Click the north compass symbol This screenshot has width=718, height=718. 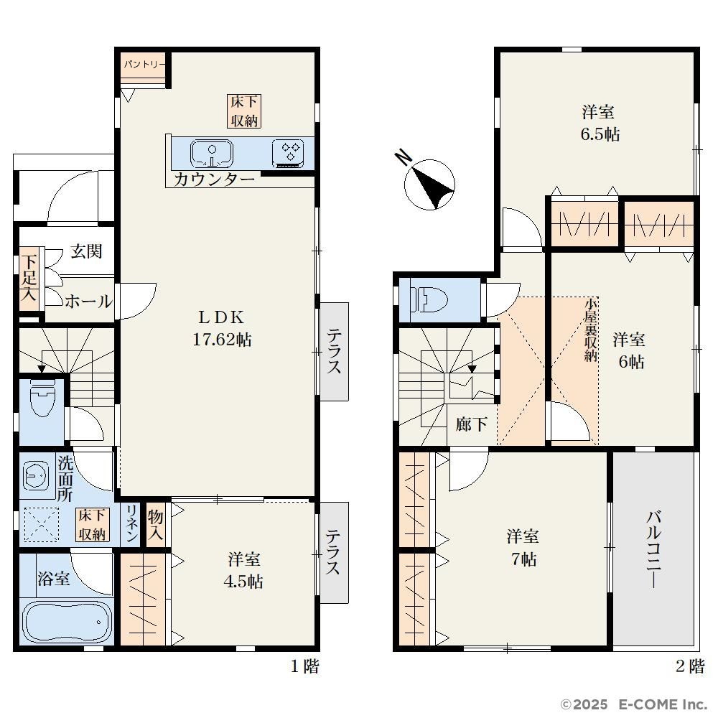click(429, 184)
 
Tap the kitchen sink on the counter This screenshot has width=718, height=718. click(211, 154)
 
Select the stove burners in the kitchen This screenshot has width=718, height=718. click(288, 153)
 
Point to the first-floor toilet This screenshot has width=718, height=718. click(42, 396)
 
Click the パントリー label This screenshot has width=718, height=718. click(144, 64)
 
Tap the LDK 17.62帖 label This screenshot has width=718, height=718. click(222, 328)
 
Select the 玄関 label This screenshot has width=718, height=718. click(86, 251)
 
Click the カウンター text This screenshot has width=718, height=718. click(214, 179)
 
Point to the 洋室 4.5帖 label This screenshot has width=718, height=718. click(243, 570)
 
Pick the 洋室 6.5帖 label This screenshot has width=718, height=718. click(600, 123)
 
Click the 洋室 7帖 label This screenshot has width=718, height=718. click(523, 547)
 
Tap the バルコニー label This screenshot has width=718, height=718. click(654, 549)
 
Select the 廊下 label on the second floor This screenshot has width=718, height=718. click(471, 424)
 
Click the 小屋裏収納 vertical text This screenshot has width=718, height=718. click(591, 330)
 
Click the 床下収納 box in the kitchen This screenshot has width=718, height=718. click(244, 111)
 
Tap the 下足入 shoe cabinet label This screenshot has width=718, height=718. click(29, 279)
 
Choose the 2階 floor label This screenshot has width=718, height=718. click(689, 666)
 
